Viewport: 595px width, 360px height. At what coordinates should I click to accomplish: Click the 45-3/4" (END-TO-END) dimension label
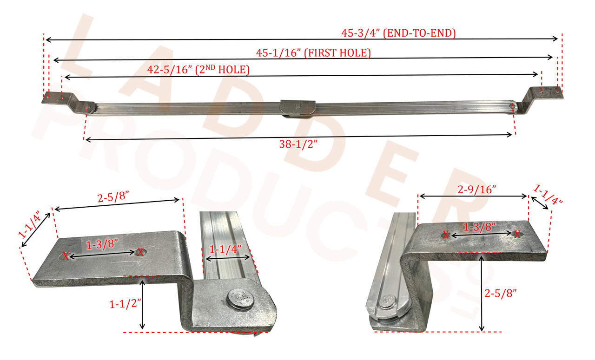point(398,33)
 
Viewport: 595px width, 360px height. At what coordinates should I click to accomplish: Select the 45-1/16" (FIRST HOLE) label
point(314,53)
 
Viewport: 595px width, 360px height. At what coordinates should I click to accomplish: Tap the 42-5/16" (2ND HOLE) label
point(198,70)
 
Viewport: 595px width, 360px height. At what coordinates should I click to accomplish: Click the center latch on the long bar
point(298,107)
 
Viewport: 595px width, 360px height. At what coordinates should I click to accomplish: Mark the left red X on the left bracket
point(66,256)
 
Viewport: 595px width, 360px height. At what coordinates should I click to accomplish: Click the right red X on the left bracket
point(140,252)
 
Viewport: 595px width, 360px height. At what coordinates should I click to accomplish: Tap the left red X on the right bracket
point(446,235)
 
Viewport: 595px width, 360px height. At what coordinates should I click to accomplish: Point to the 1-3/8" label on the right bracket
point(480,227)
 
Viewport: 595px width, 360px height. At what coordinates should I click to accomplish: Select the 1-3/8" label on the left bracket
point(101,244)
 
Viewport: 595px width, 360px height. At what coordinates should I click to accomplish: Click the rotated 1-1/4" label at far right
point(549,195)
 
